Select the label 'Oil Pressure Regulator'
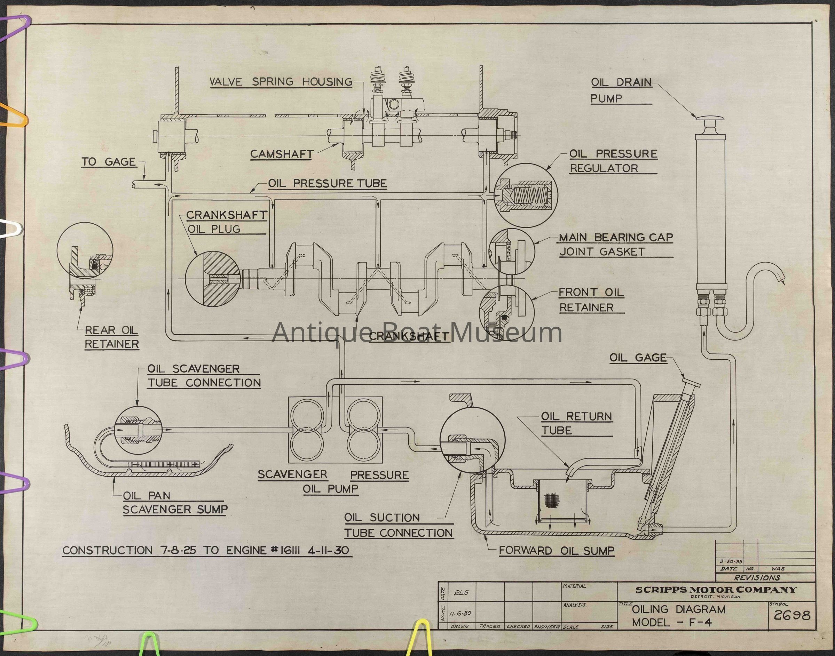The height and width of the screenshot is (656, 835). (613, 161)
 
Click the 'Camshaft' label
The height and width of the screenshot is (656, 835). (282, 154)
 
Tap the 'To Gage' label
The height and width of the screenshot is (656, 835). (109, 162)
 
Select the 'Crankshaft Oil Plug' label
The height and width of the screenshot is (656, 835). (227, 222)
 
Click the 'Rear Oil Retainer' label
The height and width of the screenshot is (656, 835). (111, 337)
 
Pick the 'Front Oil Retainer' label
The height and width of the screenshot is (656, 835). (591, 299)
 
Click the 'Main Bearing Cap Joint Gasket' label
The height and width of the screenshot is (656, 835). (616, 244)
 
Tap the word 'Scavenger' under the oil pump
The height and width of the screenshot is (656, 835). (292, 474)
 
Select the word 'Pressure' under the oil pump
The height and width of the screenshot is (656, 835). (379, 475)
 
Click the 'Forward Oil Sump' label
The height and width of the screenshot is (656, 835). (557, 550)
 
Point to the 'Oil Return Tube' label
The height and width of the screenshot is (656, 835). (576, 423)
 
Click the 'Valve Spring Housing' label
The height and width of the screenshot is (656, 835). (281, 81)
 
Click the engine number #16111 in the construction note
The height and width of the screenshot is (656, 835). (286, 550)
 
